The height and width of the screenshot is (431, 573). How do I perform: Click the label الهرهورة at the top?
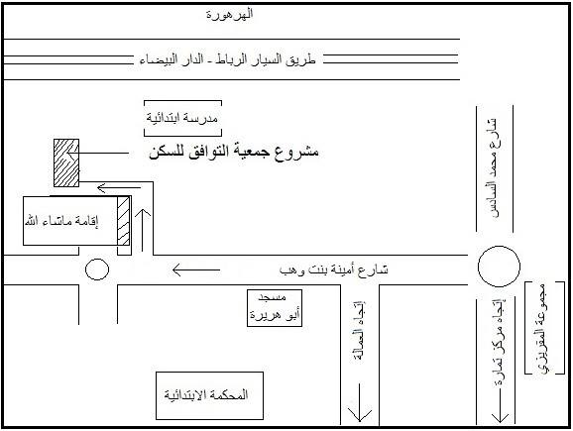(x=229, y=15)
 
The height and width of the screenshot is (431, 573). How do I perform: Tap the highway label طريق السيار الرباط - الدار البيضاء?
(x=227, y=59)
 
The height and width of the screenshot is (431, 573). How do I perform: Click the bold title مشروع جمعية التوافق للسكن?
(x=234, y=152)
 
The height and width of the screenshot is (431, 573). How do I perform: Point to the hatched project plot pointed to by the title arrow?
(x=66, y=162)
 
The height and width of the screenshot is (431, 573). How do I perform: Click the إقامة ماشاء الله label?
(x=61, y=221)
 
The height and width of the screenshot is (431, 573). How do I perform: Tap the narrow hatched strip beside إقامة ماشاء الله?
(x=124, y=221)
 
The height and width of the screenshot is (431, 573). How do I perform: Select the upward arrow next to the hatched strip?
(x=143, y=230)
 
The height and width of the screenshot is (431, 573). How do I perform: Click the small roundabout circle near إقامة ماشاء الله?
(x=97, y=259)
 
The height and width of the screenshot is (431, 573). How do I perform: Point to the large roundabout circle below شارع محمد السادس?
(x=499, y=246)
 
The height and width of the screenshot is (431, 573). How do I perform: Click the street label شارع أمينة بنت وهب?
(x=333, y=269)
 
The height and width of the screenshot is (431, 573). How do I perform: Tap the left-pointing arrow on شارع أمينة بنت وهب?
(x=196, y=270)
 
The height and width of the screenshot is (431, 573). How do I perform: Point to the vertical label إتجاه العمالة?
(x=360, y=331)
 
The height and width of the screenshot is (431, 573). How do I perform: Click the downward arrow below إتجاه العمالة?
(x=360, y=402)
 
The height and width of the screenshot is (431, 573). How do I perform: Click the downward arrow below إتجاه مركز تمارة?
(x=500, y=406)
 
